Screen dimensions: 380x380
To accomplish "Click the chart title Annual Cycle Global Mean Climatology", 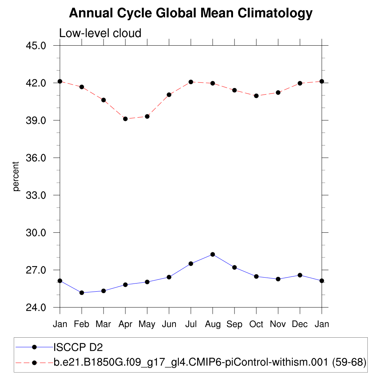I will pos(191,13).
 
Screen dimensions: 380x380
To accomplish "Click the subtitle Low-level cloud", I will pos(100,33).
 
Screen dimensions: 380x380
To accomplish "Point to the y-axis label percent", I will pos(16,176).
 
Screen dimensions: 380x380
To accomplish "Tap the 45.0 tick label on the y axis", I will pos(36,46).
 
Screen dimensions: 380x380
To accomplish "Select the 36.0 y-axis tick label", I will pos(36,158).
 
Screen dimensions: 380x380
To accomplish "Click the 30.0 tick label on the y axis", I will pos(36,233).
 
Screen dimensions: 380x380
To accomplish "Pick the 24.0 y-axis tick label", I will pos(36,308).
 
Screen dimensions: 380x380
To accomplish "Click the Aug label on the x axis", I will pos(213,324).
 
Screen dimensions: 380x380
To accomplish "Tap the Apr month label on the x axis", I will pos(125,324).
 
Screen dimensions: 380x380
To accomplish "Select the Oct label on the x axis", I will pos(256,324).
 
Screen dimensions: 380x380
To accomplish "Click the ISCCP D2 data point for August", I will pos(213,254).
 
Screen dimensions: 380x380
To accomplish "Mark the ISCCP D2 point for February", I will pos(82,293).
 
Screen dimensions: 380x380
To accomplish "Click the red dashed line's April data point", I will pos(125,119).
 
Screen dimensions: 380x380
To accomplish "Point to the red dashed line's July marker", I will pos(191,82).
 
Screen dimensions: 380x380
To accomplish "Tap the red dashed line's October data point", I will pos(256,96).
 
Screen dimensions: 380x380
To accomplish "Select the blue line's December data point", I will pos(300,275).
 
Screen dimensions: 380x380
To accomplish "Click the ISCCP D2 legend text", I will pos(78,347).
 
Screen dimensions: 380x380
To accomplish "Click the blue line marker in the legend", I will pos(35,347).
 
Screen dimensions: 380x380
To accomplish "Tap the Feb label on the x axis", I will pos(82,324).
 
